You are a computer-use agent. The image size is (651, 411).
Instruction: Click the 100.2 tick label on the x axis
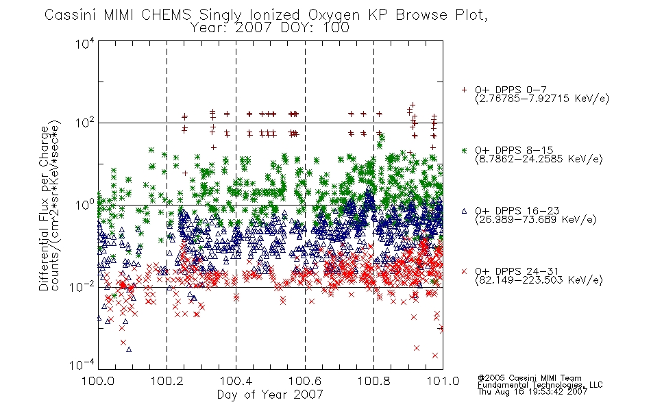click(167, 381)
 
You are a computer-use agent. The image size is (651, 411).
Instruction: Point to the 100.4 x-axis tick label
click(236, 381)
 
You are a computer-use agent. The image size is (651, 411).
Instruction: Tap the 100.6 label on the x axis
click(305, 381)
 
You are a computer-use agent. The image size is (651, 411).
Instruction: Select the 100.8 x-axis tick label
click(373, 381)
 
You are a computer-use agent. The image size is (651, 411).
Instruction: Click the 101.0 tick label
click(443, 381)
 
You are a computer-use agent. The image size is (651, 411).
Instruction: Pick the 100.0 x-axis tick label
click(98, 381)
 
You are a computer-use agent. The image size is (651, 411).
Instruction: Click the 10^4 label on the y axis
click(85, 43)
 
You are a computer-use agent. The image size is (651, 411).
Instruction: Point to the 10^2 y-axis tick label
click(85, 123)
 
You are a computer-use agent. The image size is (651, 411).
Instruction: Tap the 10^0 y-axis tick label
click(85, 205)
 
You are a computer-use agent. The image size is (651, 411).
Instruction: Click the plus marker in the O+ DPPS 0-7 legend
click(464, 90)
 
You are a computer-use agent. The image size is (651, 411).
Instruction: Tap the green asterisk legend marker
click(464, 150)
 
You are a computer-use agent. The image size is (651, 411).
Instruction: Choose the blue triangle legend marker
click(464, 211)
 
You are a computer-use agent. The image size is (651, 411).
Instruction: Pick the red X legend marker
click(464, 271)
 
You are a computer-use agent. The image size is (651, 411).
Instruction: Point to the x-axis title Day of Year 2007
click(270, 394)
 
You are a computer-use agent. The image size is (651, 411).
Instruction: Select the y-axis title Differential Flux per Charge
click(44, 208)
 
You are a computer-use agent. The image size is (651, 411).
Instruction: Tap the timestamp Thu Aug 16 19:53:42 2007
click(532, 391)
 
